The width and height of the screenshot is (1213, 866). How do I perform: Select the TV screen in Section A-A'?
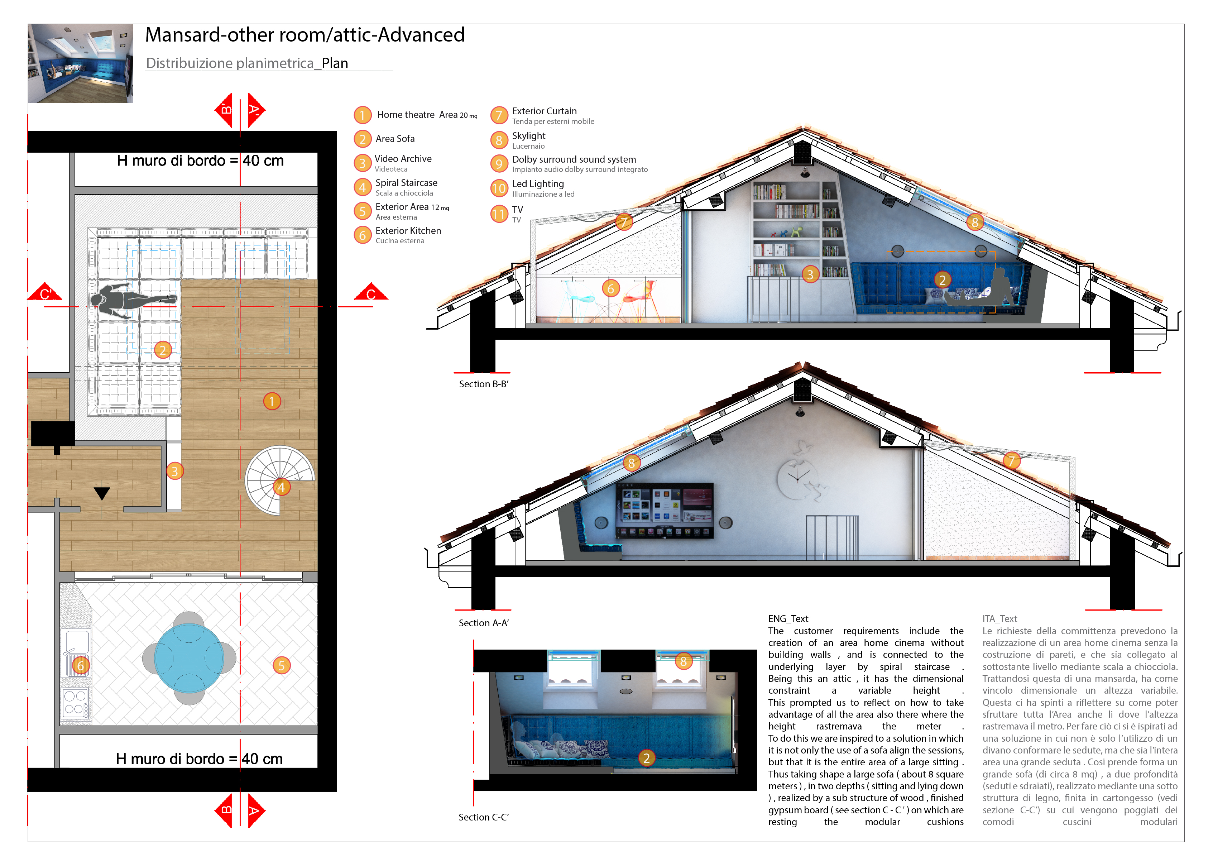(x=664, y=509)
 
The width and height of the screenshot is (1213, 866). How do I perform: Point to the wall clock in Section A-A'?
(x=797, y=478)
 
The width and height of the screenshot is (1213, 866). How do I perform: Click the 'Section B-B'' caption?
(x=483, y=384)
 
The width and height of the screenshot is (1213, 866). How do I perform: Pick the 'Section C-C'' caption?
(x=483, y=817)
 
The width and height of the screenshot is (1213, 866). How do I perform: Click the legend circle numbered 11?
(x=499, y=214)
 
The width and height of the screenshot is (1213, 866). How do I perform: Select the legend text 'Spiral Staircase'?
(x=406, y=183)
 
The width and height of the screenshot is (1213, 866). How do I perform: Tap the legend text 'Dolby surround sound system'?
(x=574, y=159)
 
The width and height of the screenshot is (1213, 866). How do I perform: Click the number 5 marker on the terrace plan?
(x=282, y=665)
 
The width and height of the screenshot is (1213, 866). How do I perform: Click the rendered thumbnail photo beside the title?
(x=81, y=63)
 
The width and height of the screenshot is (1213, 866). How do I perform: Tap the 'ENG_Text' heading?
(x=787, y=618)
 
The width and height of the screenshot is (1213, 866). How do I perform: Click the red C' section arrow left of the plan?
(x=45, y=292)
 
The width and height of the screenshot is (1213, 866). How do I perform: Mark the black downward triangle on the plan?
(x=102, y=493)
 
